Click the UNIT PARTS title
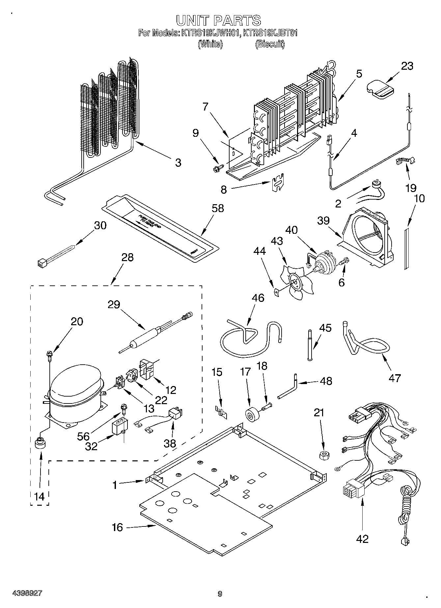tap(219, 20)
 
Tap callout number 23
tap(407, 66)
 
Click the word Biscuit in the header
tap(270, 44)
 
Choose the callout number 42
tap(362, 539)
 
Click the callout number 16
tap(117, 527)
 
